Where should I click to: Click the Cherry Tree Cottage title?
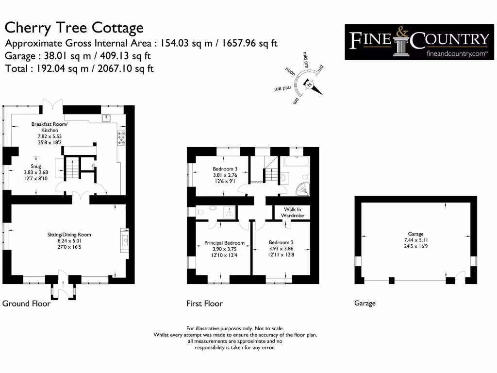pyautogui.click(x=74, y=28)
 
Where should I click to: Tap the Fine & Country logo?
pyautogui.click(x=416, y=42)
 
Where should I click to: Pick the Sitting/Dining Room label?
pyautogui.click(x=67, y=235)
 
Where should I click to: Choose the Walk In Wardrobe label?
pyautogui.click(x=292, y=212)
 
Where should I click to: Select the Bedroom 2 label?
pyautogui.click(x=281, y=242)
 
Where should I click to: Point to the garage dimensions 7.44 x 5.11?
pyautogui.click(x=416, y=240)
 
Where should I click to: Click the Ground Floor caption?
pyautogui.click(x=26, y=304)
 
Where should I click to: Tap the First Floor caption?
pyautogui.click(x=204, y=304)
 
